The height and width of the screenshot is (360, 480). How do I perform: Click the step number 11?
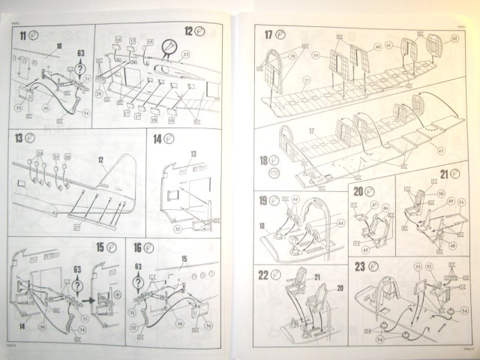(x=24, y=35)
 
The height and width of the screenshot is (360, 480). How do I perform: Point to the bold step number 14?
(x=157, y=139)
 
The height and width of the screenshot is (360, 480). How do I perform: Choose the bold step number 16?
(x=137, y=247)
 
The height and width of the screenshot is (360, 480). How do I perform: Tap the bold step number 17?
(x=269, y=35)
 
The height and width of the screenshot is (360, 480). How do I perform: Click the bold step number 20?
(x=358, y=191)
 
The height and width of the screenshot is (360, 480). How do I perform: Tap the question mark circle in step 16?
(x=138, y=283)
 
